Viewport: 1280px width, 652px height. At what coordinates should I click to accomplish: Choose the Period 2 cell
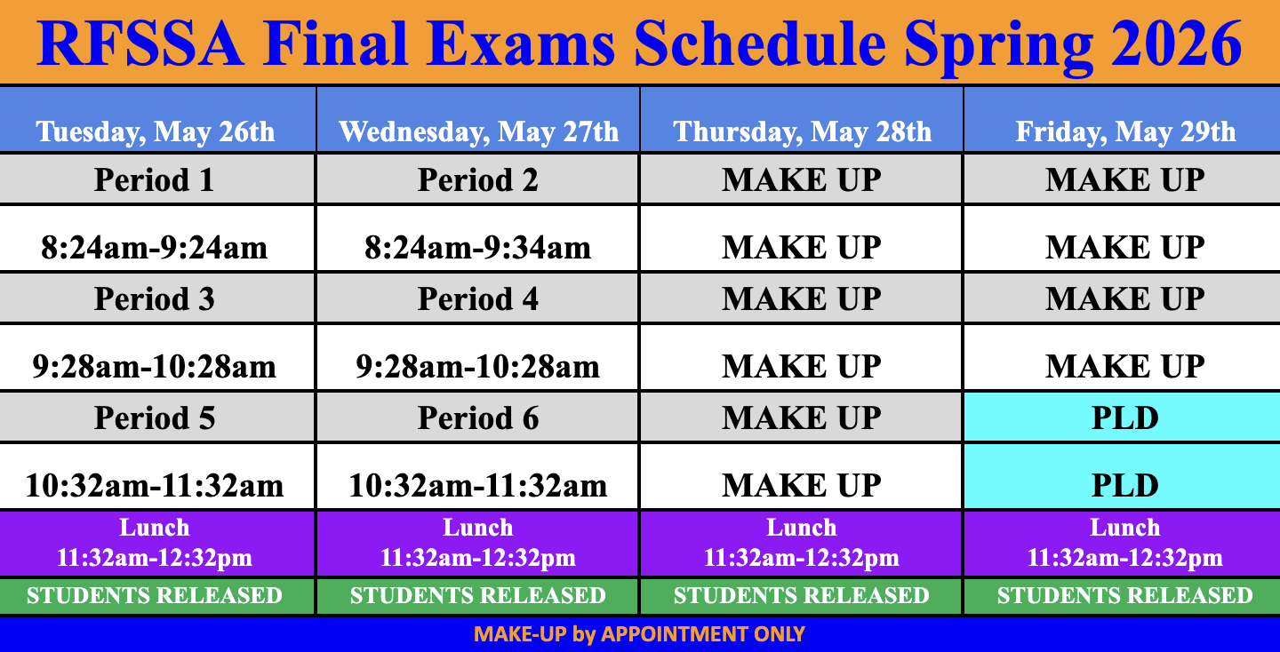click(477, 179)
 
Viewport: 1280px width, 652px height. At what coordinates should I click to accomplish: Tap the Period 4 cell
click(477, 298)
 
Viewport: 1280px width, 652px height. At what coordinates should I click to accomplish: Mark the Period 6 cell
click(477, 417)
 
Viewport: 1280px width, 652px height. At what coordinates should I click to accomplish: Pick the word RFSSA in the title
click(140, 43)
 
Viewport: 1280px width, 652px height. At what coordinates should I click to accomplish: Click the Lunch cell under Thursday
click(801, 543)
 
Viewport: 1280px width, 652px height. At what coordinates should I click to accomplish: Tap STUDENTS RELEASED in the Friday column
click(1124, 595)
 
